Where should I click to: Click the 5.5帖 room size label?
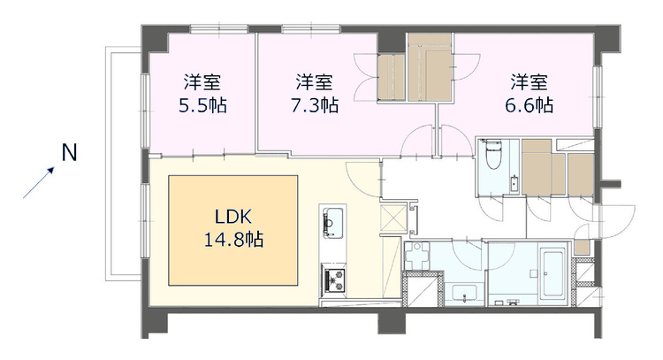tap(202, 105)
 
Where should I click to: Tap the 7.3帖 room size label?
tap(314, 105)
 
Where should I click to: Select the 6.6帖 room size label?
tap(531, 105)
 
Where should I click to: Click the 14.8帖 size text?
tap(232, 239)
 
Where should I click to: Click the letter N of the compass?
tap(68, 153)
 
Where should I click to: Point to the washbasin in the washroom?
tap(461, 295)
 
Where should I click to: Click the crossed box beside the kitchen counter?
tap(392, 218)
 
